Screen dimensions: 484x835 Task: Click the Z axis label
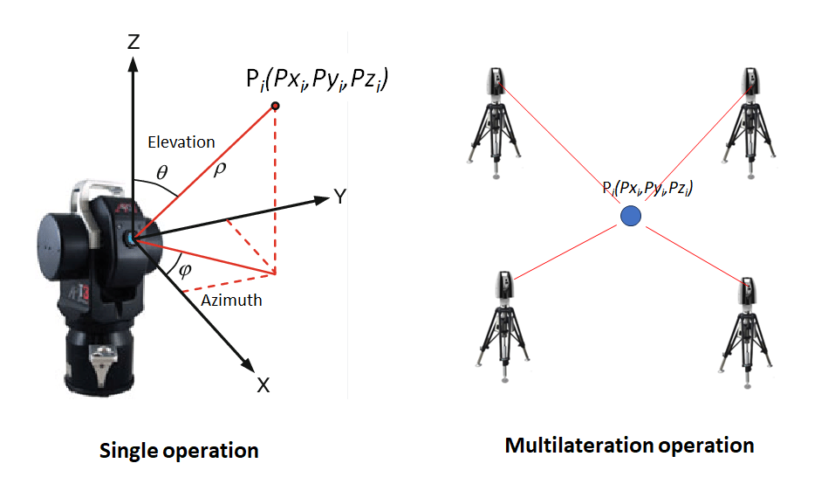tap(133, 41)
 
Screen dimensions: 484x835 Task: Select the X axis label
tap(263, 384)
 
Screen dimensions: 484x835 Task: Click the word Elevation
tap(181, 142)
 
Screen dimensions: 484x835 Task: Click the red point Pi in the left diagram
tap(275, 106)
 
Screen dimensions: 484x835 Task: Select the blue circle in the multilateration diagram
tap(630, 215)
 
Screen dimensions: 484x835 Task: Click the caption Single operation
tap(179, 451)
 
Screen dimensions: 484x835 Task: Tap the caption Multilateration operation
tap(629, 446)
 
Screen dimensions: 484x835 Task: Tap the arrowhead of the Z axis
tap(133, 63)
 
